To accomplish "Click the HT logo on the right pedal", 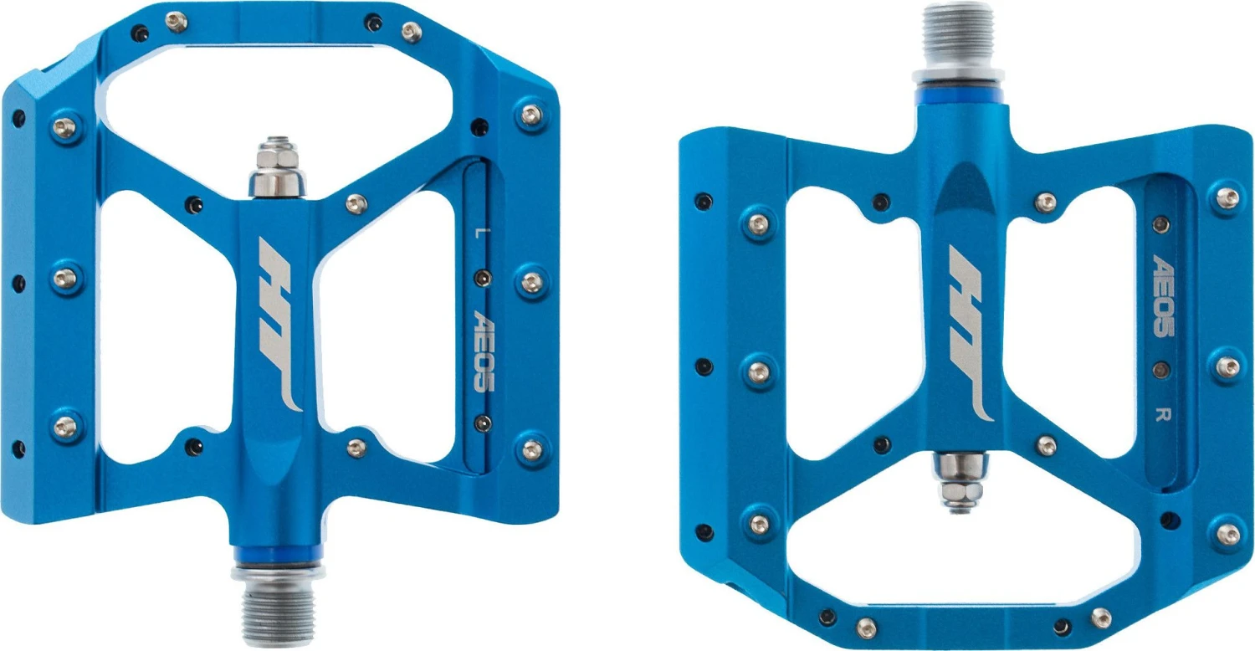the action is [x=970, y=333].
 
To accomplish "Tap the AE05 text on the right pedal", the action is [x=1163, y=295].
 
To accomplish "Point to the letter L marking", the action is [x=478, y=233].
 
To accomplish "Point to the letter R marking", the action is [x=1163, y=414].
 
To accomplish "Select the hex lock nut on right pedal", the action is [x=960, y=493].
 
